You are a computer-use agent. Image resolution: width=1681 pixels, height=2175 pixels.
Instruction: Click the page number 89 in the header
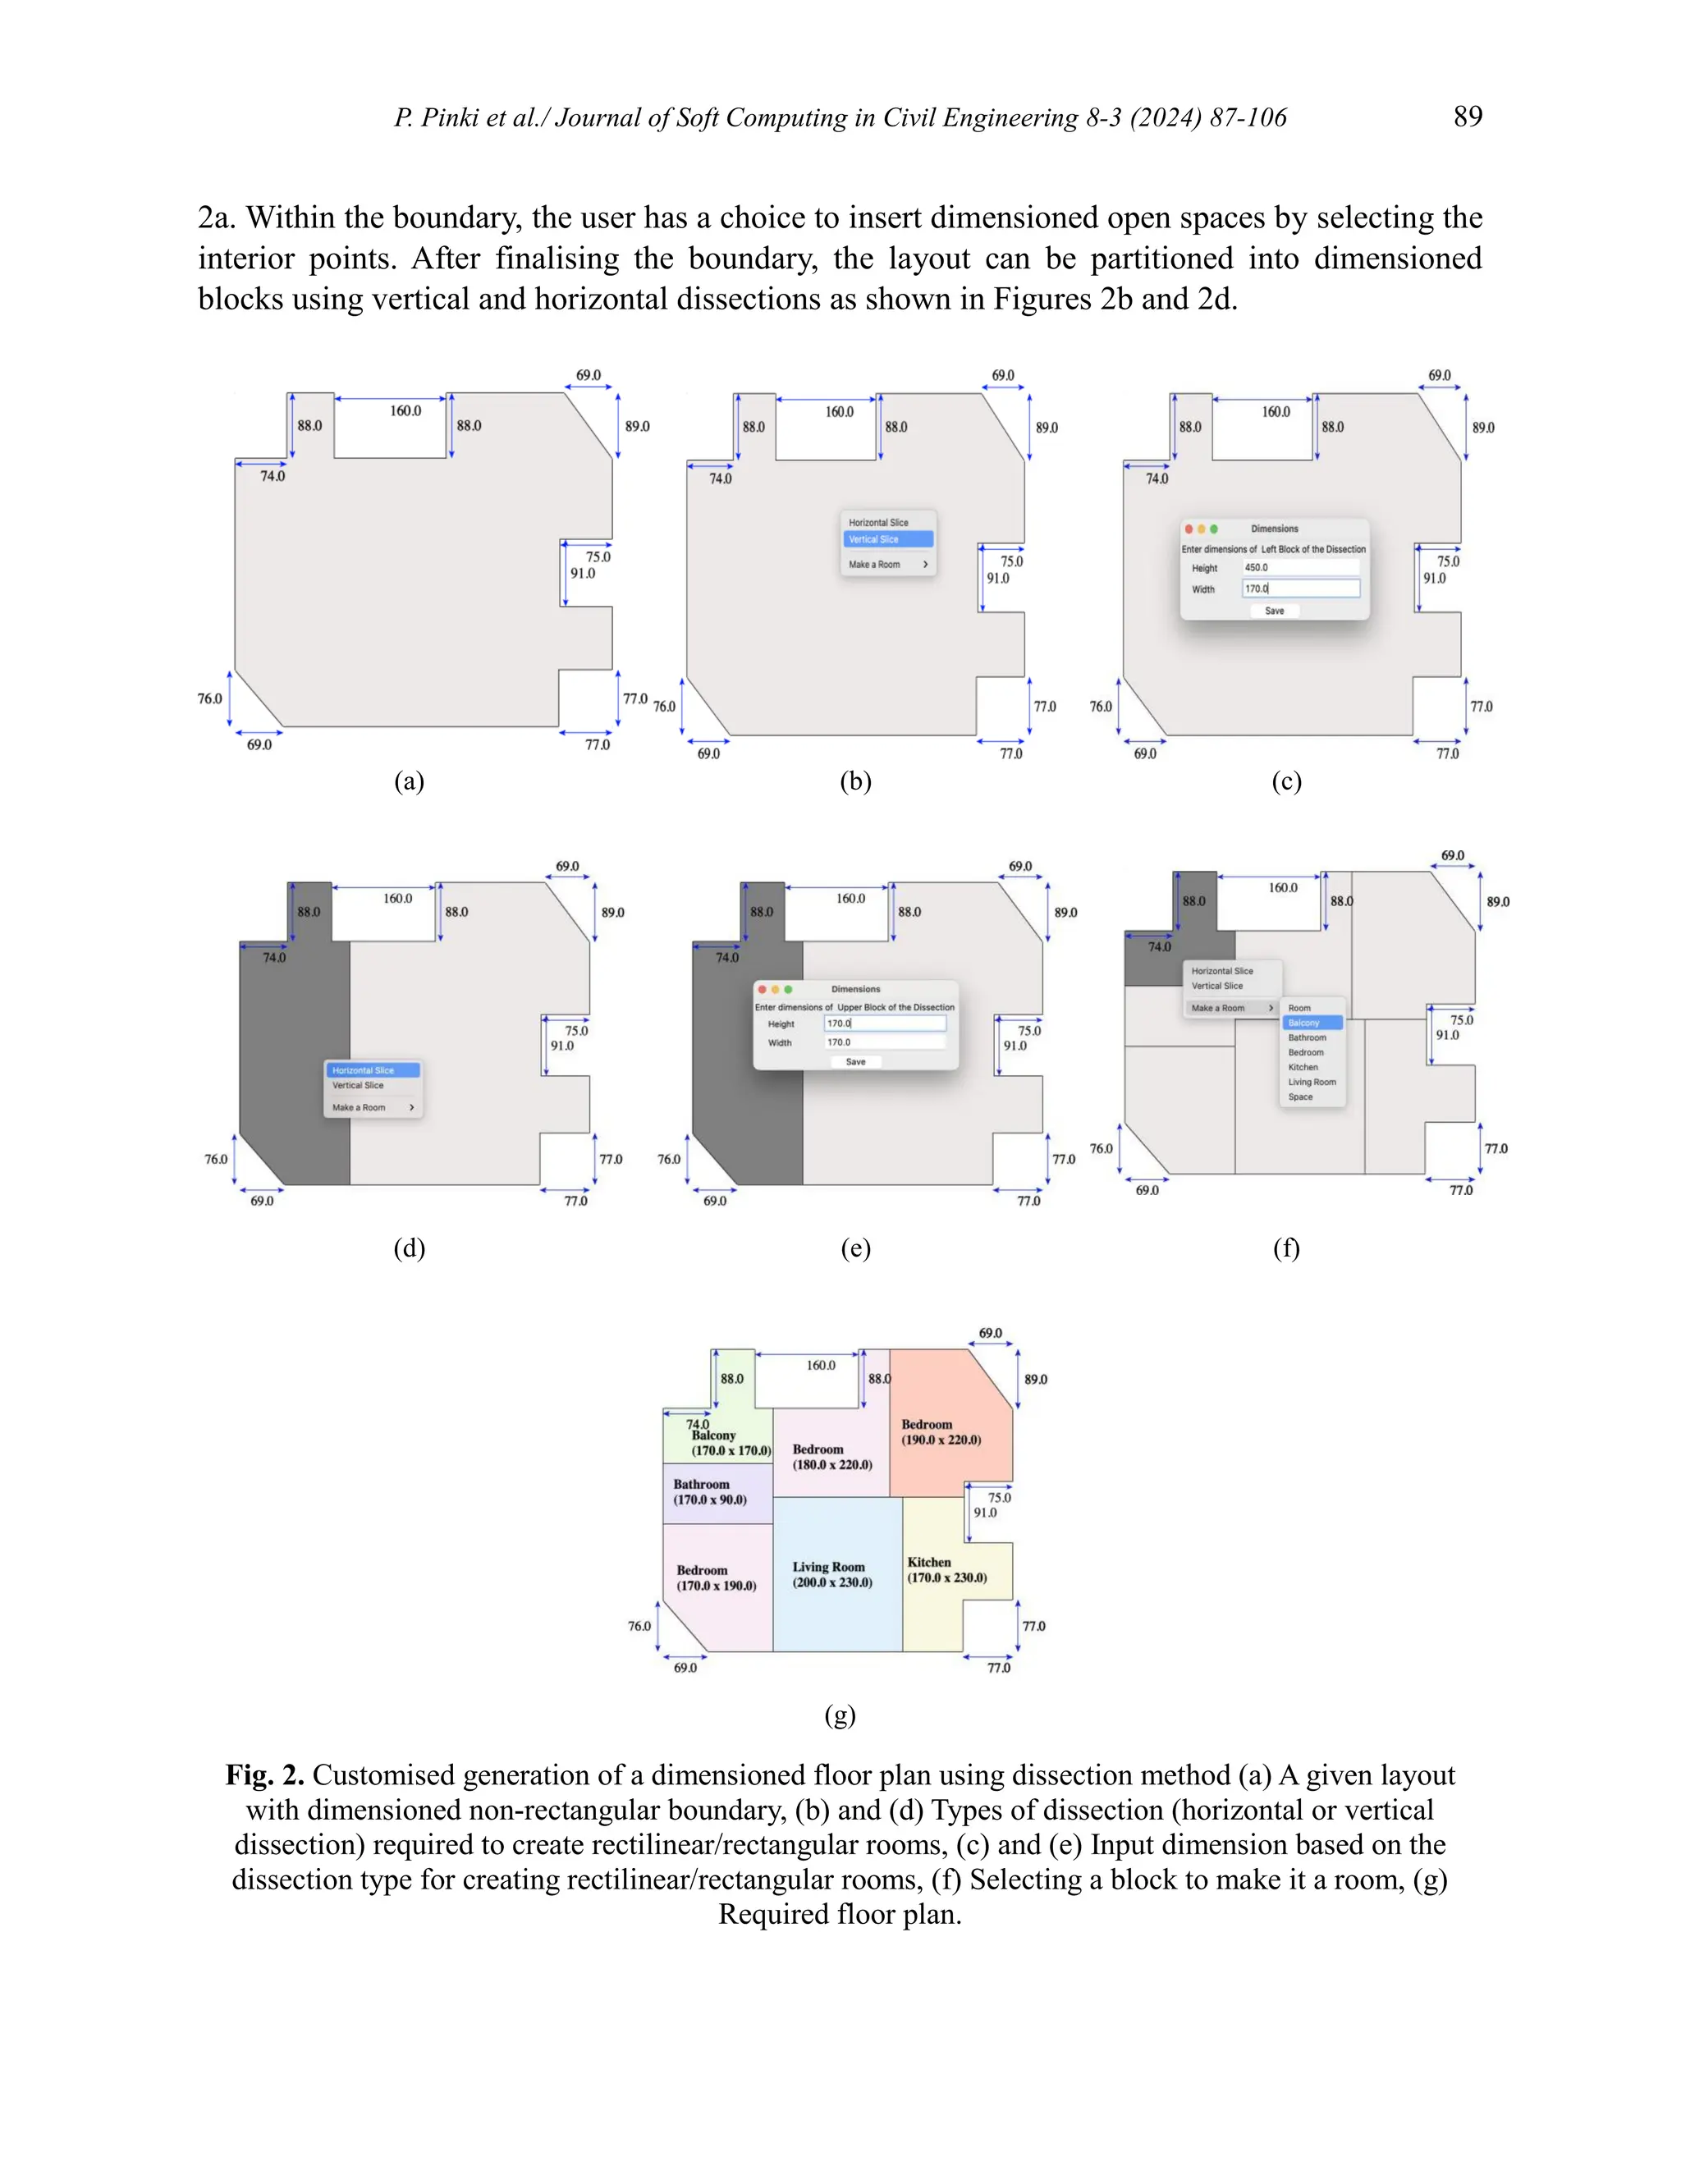pos(1467,117)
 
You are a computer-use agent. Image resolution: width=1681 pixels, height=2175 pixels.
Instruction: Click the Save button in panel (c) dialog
pos(1274,611)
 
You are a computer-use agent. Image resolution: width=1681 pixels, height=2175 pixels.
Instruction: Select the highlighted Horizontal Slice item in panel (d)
pos(372,1070)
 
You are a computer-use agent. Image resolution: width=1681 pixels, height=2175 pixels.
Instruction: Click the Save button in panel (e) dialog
pos(855,1061)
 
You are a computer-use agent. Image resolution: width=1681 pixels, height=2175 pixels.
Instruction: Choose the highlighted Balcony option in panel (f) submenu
pos(1312,1023)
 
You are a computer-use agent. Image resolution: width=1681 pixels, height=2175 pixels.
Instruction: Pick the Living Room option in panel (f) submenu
pos(1312,1082)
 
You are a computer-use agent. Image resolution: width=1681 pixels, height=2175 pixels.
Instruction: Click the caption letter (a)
pos(408,781)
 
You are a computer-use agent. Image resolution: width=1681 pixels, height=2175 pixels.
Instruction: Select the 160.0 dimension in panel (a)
pos(405,410)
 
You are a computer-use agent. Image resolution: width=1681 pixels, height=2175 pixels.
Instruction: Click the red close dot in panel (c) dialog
pos(1188,529)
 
